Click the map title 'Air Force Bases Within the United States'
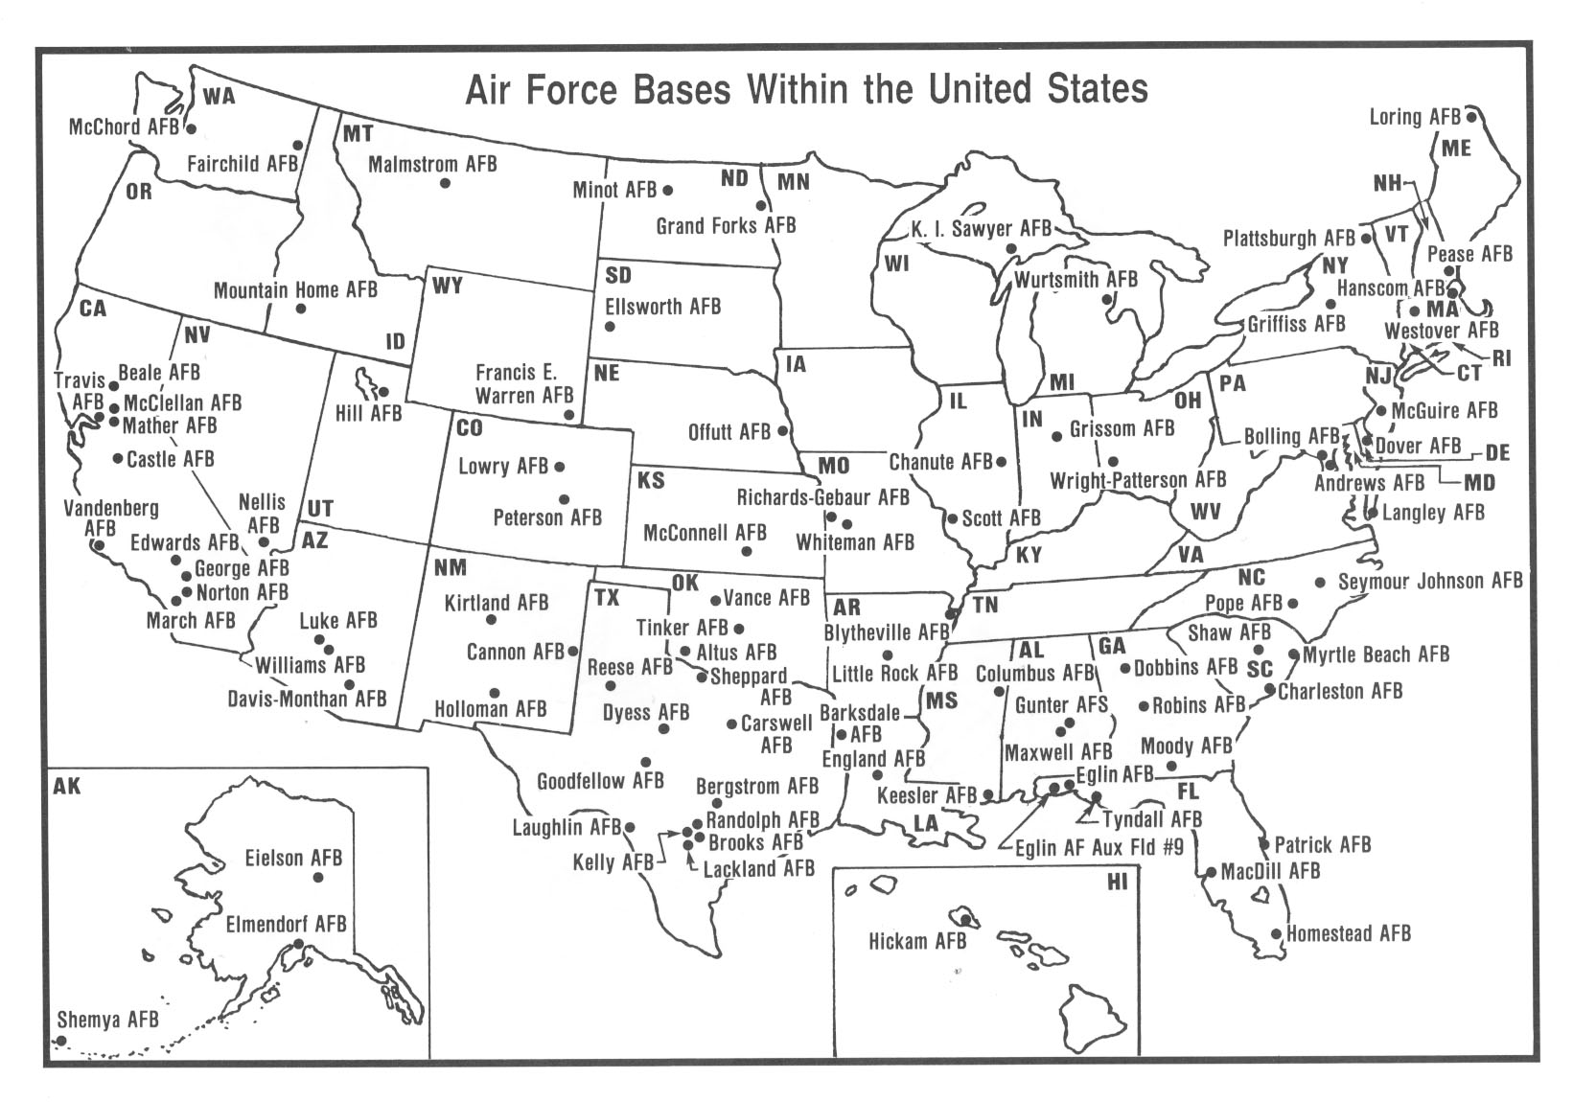coord(806,89)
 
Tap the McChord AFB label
coord(124,127)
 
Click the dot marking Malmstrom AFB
coord(445,182)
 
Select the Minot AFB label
coord(614,190)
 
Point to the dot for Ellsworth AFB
coord(610,327)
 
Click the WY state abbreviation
coord(448,286)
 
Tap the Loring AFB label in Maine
coord(1414,117)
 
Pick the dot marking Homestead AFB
coord(1276,933)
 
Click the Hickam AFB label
coord(917,941)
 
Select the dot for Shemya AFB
coord(61,1041)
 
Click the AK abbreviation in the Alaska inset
coord(67,787)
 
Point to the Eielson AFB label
coord(293,858)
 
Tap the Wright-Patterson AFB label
coord(1138,480)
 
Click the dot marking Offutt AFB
coord(782,431)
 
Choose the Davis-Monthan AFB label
coord(307,699)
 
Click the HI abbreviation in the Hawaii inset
coord(1118,882)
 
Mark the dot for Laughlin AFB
coord(630,826)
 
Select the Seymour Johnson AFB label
coord(1430,581)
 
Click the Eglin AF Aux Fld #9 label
coord(1099,847)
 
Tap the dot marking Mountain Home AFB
coord(301,309)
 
